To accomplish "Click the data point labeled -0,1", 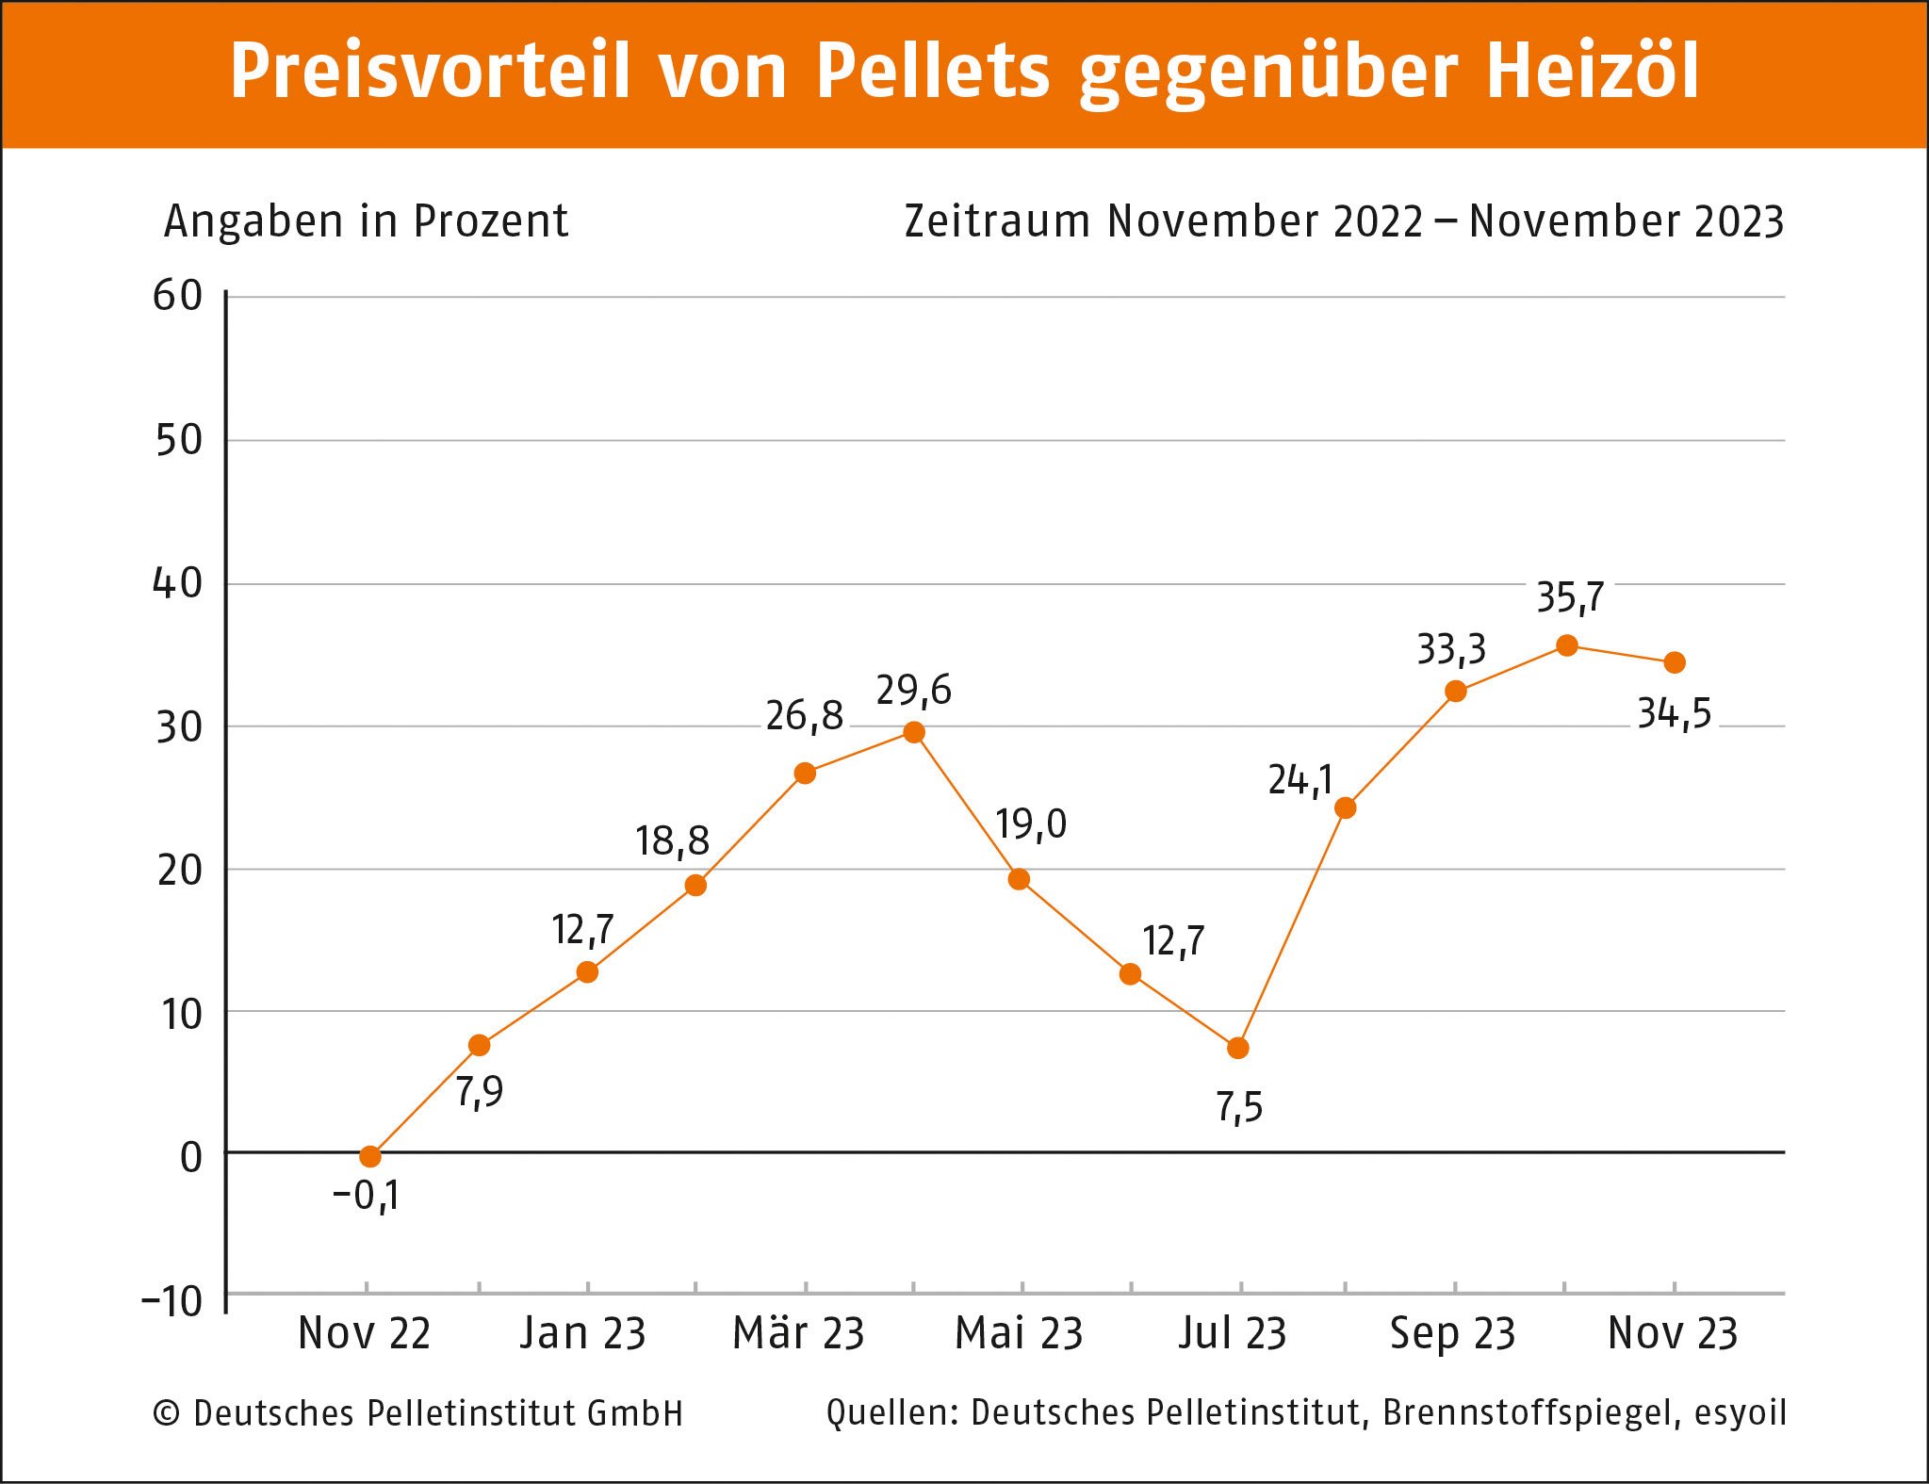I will coord(370,1156).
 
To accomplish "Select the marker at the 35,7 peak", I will coord(1567,645).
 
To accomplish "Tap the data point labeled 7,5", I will coord(1238,1048).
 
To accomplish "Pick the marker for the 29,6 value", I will coord(914,732).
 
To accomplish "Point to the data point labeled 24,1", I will coord(1346,807).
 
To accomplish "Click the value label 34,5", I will coord(1674,714).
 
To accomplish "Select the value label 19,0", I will coord(1031,825).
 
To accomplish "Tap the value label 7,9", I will coord(480,1092).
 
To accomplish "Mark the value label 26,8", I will coord(804,717).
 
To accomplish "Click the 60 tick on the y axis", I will coord(178,297).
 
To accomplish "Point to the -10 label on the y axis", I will coord(172,1302).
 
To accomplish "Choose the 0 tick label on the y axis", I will coord(191,1157).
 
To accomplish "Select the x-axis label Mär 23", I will coord(799,1334).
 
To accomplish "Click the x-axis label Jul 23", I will coord(1233,1334).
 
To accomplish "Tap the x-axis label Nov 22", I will coord(365,1334).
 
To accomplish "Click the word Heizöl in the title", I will coord(1593,71).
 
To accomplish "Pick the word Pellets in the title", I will coord(932,71).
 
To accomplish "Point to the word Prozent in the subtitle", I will coord(490,222).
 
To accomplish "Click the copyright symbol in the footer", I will coord(167,1413).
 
